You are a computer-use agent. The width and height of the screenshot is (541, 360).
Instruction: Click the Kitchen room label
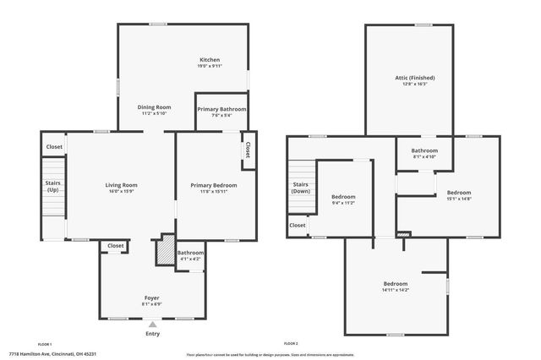[210, 60]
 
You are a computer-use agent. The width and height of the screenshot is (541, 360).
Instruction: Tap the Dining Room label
[155, 107]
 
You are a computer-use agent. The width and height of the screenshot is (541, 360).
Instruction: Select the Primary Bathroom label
[221, 110]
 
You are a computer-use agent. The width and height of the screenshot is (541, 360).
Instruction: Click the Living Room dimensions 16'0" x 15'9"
[121, 191]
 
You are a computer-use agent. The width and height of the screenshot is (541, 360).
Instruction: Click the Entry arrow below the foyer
[152, 324]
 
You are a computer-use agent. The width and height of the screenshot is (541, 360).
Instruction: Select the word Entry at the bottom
[152, 334]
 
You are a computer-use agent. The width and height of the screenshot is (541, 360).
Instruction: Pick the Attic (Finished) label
[414, 78]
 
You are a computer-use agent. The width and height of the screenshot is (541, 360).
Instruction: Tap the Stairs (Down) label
[301, 188]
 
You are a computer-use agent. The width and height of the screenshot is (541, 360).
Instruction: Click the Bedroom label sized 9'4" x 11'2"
[343, 197]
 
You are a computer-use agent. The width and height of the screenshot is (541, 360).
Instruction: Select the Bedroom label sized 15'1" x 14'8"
[459, 193]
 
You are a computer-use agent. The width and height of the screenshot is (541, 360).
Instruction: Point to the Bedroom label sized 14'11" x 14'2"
[396, 284]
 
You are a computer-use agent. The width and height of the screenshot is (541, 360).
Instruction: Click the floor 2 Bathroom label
[424, 150]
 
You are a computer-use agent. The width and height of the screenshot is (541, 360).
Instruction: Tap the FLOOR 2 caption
[291, 344]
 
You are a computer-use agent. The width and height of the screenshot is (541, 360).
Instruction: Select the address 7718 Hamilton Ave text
[52, 354]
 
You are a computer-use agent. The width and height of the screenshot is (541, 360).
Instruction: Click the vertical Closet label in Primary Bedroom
[248, 149]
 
